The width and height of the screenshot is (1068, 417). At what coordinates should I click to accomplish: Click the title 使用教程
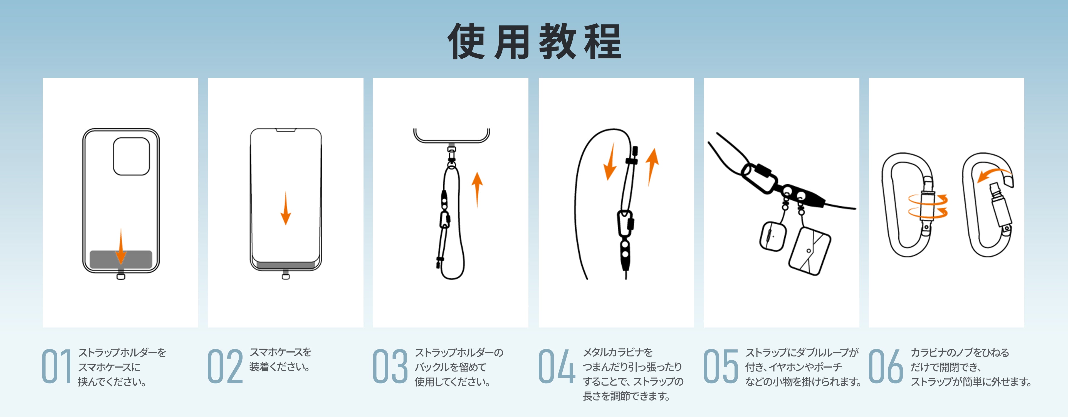point(534,41)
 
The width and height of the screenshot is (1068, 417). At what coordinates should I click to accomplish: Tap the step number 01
point(56,366)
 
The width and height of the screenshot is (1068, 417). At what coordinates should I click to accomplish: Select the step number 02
point(225,366)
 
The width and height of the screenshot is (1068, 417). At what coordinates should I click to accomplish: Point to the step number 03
point(390,366)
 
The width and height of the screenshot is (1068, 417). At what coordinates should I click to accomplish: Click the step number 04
point(556,366)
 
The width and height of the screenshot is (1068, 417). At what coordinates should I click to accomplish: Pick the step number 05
point(721,366)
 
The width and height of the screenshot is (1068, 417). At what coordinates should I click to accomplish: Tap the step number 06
point(886,366)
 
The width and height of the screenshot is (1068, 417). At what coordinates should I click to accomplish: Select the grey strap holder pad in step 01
point(121,259)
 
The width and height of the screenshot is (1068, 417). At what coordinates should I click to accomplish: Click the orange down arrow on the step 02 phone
point(286,208)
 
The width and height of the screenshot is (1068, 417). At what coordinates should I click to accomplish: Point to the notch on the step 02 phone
point(286,131)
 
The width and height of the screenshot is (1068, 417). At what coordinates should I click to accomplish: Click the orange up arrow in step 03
point(477,189)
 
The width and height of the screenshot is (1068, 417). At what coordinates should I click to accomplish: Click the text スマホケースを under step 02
point(280,352)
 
